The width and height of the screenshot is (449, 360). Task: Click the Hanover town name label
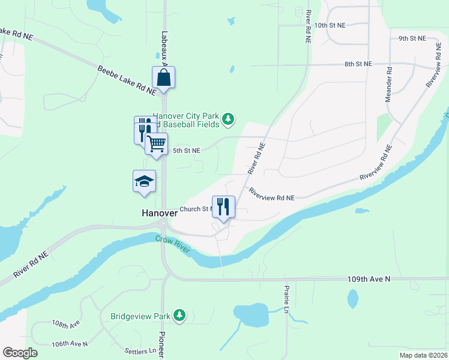coord(159,213)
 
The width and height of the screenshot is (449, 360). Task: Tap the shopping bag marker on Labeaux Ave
coord(163,77)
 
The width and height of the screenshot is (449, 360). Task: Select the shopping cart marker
coord(157,144)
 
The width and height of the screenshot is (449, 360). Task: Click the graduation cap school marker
coord(144,181)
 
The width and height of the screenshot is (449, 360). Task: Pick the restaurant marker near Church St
coord(223,207)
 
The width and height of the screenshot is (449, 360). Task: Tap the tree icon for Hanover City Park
coord(228,120)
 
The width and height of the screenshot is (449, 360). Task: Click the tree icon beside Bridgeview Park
coord(179,315)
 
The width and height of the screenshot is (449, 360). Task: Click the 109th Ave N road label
coord(369,279)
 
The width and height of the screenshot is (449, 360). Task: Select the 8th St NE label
coord(358,64)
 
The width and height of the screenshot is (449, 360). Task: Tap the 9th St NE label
coord(412,38)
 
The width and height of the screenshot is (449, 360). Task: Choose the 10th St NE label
coord(330,25)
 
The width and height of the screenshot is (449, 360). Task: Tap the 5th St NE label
coord(187,151)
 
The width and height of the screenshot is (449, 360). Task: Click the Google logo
coord(20,353)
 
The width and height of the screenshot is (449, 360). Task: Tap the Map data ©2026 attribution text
coord(423,355)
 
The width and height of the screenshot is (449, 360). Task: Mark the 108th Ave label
coord(66,324)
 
